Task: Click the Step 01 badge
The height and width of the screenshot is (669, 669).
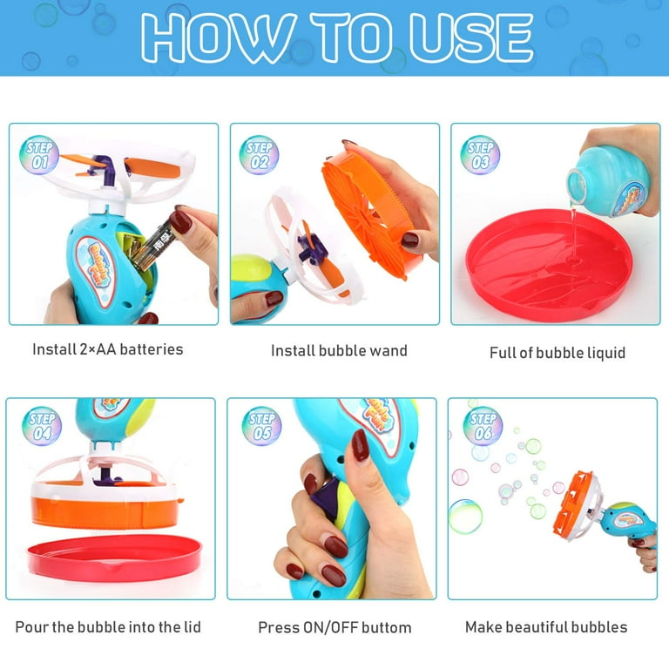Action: (x=37, y=154)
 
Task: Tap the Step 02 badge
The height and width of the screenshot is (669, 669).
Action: (x=260, y=154)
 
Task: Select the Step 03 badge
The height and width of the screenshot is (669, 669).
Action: (x=480, y=154)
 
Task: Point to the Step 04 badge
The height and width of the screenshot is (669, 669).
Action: (x=40, y=426)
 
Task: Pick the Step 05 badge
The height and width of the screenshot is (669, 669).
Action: (x=260, y=426)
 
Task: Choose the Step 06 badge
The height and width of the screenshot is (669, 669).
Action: (x=482, y=426)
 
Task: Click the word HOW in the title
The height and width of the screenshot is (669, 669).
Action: (x=206, y=38)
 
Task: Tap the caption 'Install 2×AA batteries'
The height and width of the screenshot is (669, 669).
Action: (x=108, y=349)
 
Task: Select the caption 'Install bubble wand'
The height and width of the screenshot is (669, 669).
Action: (x=339, y=351)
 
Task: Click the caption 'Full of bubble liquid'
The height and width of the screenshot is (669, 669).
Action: (x=557, y=353)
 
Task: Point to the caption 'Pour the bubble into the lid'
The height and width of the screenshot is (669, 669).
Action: (x=108, y=626)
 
